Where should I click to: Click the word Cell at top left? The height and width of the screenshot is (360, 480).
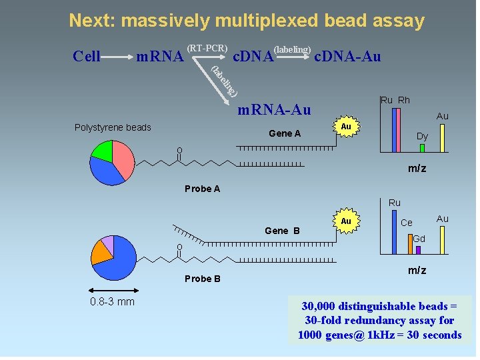86,57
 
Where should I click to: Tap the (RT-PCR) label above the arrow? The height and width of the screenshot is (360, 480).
207,48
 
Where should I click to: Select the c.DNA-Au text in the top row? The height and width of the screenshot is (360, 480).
347,57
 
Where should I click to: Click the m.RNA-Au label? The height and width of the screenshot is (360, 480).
274,109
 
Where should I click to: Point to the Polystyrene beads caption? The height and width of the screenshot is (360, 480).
113,127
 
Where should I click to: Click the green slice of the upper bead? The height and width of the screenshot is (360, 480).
102,150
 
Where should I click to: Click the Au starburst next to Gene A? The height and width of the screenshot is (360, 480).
345,127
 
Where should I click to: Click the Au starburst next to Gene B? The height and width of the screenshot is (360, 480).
345,221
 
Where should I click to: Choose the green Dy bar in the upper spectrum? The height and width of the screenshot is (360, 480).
422,147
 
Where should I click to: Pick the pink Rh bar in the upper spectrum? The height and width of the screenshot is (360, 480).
400,130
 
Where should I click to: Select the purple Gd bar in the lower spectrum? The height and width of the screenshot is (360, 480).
418,250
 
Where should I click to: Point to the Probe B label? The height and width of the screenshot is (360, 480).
202,279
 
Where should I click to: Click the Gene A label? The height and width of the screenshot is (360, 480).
285,133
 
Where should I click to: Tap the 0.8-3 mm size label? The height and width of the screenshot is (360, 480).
112,302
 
